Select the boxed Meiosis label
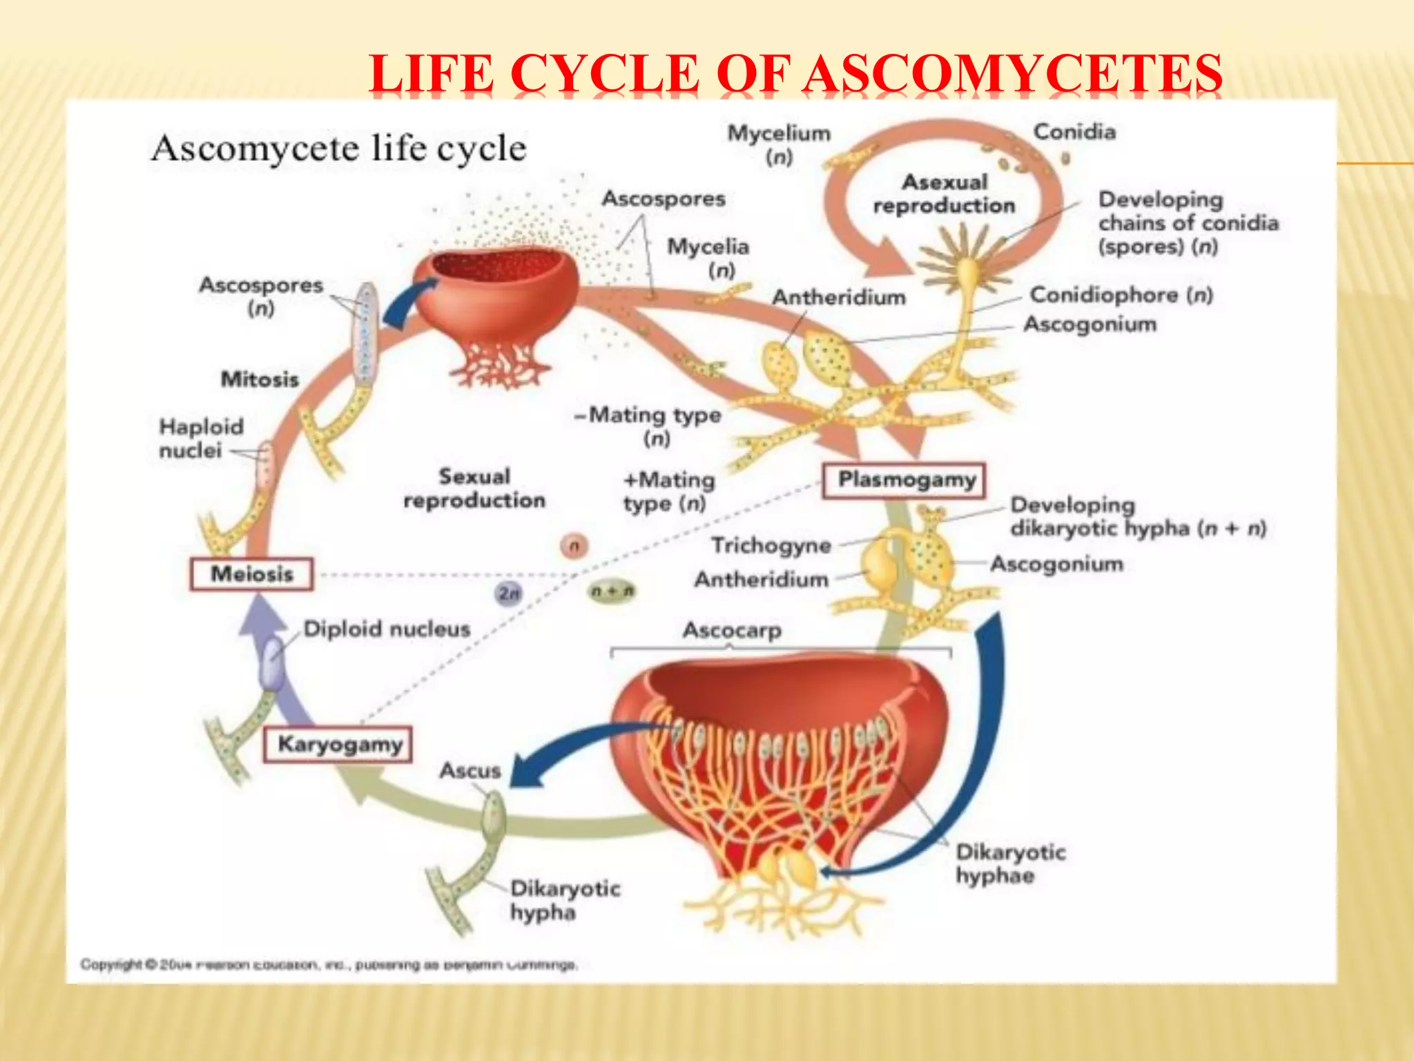click(251, 574)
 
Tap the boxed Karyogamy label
click(338, 745)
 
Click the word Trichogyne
click(771, 546)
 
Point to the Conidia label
click(1074, 132)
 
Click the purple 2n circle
click(509, 593)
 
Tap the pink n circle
click(574, 546)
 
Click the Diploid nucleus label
click(387, 629)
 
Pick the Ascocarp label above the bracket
click(732, 631)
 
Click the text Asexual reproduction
click(944, 194)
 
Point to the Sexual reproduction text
click(474, 488)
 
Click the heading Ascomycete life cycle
click(338, 149)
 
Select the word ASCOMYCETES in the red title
click(1014, 74)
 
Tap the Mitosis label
click(260, 379)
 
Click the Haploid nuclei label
click(200, 439)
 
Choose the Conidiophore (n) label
click(1121, 295)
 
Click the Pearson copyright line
click(329, 964)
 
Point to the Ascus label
click(470, 771)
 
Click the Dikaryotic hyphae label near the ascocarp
click(1009, 864)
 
